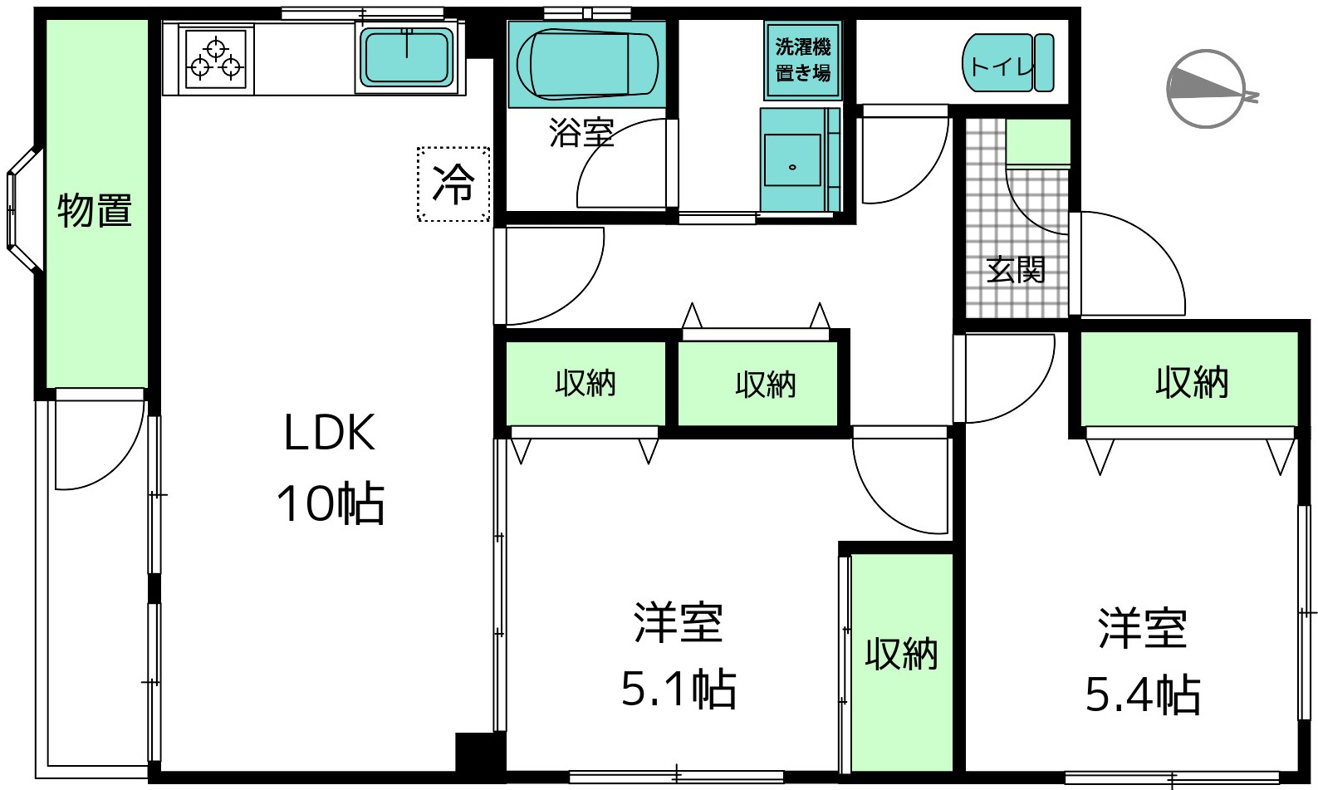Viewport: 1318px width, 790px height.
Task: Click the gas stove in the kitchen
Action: pyautogui.click(x=216, y=59)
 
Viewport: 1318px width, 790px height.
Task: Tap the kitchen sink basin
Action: pyautogui.click(x=407, y=56)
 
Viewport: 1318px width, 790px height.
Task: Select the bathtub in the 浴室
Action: pyautogui.click(x=586, y=64)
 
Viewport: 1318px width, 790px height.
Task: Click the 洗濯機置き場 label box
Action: pyautogui.click(x=802, y=60)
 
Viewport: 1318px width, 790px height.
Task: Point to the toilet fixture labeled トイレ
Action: pyautogui.click(x=1008, y=63)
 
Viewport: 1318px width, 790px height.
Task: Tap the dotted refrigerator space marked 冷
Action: pyautogui.click(x=453, y=184)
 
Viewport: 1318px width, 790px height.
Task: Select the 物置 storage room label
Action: pyautogui.click(x=95, y=210)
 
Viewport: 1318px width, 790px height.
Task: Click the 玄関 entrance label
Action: pyautogui.click(x=1016, y=270)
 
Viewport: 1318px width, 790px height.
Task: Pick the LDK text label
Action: pyautogui.click(x=330, y=434)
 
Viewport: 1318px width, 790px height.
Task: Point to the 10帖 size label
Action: pyautogui.click(x=331, y=504)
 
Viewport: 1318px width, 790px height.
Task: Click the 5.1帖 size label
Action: pyautogui.click(x=679, y=689)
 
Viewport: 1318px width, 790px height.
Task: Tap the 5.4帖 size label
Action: pyautogui.click(x=1143, y=695)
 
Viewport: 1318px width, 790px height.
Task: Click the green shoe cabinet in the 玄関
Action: pyautogui.click(x=1038, y=143)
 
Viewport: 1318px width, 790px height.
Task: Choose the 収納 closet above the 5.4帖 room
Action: pyautogui.click(x=1189, y=379)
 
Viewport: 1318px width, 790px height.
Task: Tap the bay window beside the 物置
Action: pyautogui.click(x=23, y=209)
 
